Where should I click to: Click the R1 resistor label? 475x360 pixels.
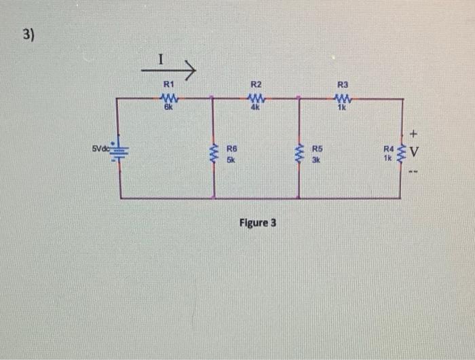click(169, 84)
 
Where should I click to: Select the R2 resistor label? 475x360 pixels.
click(256, 84)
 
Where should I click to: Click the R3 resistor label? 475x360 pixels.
click(342, 84)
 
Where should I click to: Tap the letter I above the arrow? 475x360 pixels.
click(160, 60)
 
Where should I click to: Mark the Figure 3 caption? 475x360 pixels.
click(258, 223)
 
